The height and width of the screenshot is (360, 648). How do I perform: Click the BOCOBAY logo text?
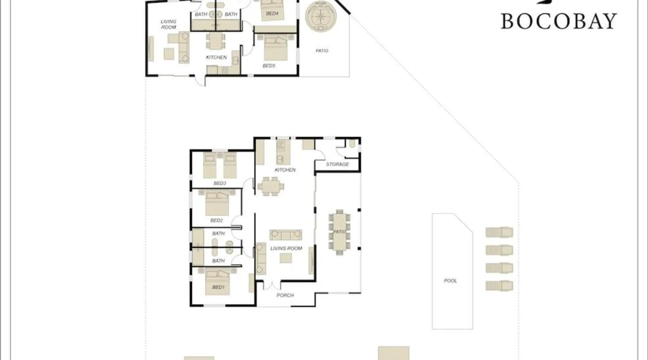click(x=559, y=21)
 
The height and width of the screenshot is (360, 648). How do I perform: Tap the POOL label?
click(x=450, y=280)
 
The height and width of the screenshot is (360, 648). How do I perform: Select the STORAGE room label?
click(x=337, y=164)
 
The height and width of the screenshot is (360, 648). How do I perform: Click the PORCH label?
click(x=285, y=295)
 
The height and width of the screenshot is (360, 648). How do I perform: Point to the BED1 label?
click(x=218, y=287)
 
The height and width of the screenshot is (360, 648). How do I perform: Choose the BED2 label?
click(x=216, y=220)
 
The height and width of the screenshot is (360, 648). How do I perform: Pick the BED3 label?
click(x=220, y=183)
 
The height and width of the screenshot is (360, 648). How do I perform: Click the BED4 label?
click(x=272, y=14)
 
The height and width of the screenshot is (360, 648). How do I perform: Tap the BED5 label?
click(x=269, y=66)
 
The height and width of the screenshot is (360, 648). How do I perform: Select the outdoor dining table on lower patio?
click(x=339, y=232)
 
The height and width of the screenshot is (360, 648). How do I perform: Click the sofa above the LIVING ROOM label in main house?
click(x=286, y=235)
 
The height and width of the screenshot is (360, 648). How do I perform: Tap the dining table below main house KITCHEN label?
click(x=271, y=186)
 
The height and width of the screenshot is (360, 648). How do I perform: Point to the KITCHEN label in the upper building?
click(x=216, y=57)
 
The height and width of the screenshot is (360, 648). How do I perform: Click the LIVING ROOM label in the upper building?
click(x=168, y=24)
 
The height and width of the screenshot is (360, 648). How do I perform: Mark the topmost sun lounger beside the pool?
click(x=499, y=232)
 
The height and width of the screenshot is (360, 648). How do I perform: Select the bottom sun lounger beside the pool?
click(x=499, y=286)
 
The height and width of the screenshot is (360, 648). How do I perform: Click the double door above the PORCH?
click(x=272, y=285)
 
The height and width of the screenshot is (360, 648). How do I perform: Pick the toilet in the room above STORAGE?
click(x=352, y=144)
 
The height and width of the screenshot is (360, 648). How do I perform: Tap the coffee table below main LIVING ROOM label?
click(x=286, y=258)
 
